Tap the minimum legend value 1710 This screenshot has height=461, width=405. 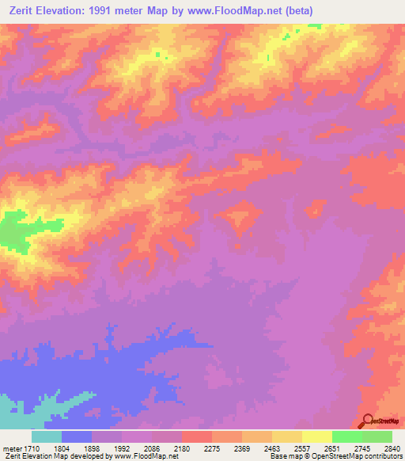34,448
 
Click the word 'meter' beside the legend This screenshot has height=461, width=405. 12,448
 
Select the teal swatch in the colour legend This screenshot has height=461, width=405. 47,436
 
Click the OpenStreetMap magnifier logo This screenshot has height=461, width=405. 367,421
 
